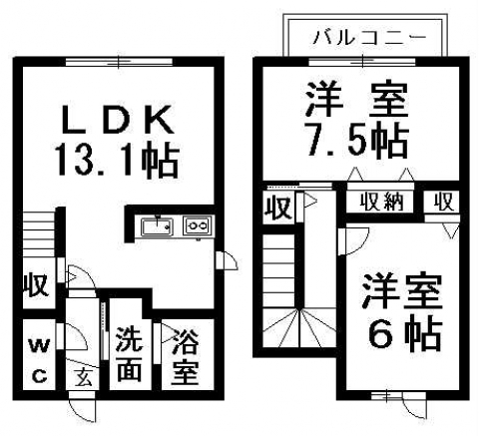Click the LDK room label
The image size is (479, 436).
point(118,120)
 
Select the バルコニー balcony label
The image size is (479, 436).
point(369,37)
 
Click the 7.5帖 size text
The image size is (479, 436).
point(357,141)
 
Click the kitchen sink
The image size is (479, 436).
point(157,226)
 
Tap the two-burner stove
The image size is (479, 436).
point(197,226)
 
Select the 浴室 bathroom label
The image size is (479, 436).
point(186,357)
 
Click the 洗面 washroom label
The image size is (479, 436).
point(130,354)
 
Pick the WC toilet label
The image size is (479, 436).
point(40,361)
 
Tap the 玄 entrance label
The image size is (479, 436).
point(83,379)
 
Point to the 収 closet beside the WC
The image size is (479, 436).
point(36,285)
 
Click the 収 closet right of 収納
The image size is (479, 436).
point(444,202)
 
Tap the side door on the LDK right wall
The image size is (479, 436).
point(228,260)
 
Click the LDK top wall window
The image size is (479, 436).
point(119,62)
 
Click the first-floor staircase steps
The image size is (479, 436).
point(39,235)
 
